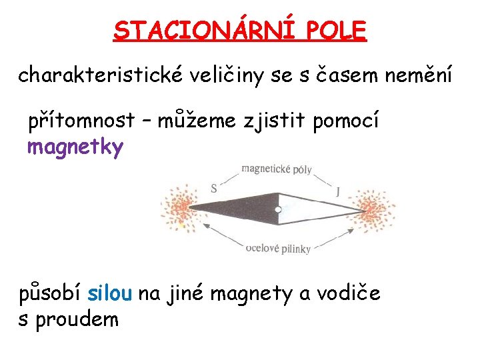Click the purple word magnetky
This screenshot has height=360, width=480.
tap(75, 147)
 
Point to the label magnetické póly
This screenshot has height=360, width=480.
tap(276, 169)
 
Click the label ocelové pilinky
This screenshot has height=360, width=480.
tap(278, 249)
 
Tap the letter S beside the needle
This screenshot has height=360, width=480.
tap(213, 189)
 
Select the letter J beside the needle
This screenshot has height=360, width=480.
tap(338, 192)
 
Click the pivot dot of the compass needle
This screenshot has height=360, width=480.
tap(277, 211)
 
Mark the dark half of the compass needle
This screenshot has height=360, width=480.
tap(240, 208)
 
